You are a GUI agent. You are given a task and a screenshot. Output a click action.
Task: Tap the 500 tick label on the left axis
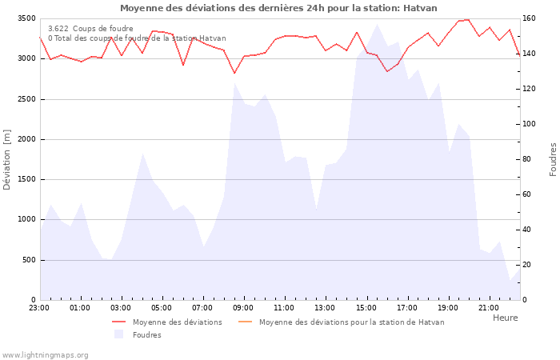[x=27, y=260]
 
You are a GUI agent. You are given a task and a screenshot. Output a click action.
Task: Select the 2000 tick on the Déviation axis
[x=25, y=139]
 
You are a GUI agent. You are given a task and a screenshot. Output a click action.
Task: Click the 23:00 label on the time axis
[x=39, y=307]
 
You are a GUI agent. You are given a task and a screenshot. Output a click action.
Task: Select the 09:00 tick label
[x=243, y=307]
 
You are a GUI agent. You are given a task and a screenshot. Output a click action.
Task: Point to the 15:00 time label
[x=366, y=307]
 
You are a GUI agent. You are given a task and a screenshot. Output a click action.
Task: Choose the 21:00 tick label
[x=488, y=307]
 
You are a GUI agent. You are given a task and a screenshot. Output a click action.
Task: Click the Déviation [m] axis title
[x=7, y=159]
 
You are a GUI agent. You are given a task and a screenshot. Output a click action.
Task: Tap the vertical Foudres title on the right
[x=553, y=159]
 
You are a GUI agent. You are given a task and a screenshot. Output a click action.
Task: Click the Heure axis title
[x=505, y=318]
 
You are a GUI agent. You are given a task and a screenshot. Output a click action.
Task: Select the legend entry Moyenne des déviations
[x=177, y=322]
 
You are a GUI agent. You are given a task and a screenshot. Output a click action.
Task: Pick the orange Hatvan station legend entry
[x=351, y=322]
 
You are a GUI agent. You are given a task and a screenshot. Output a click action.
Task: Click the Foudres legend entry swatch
[x=119, y=334]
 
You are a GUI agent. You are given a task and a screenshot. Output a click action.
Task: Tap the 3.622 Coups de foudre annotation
[x=90, y=28]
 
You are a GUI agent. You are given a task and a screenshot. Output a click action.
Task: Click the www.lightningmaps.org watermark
[x=45, y=354]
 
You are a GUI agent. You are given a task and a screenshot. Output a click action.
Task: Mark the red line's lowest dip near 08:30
[x=234, y=73]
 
